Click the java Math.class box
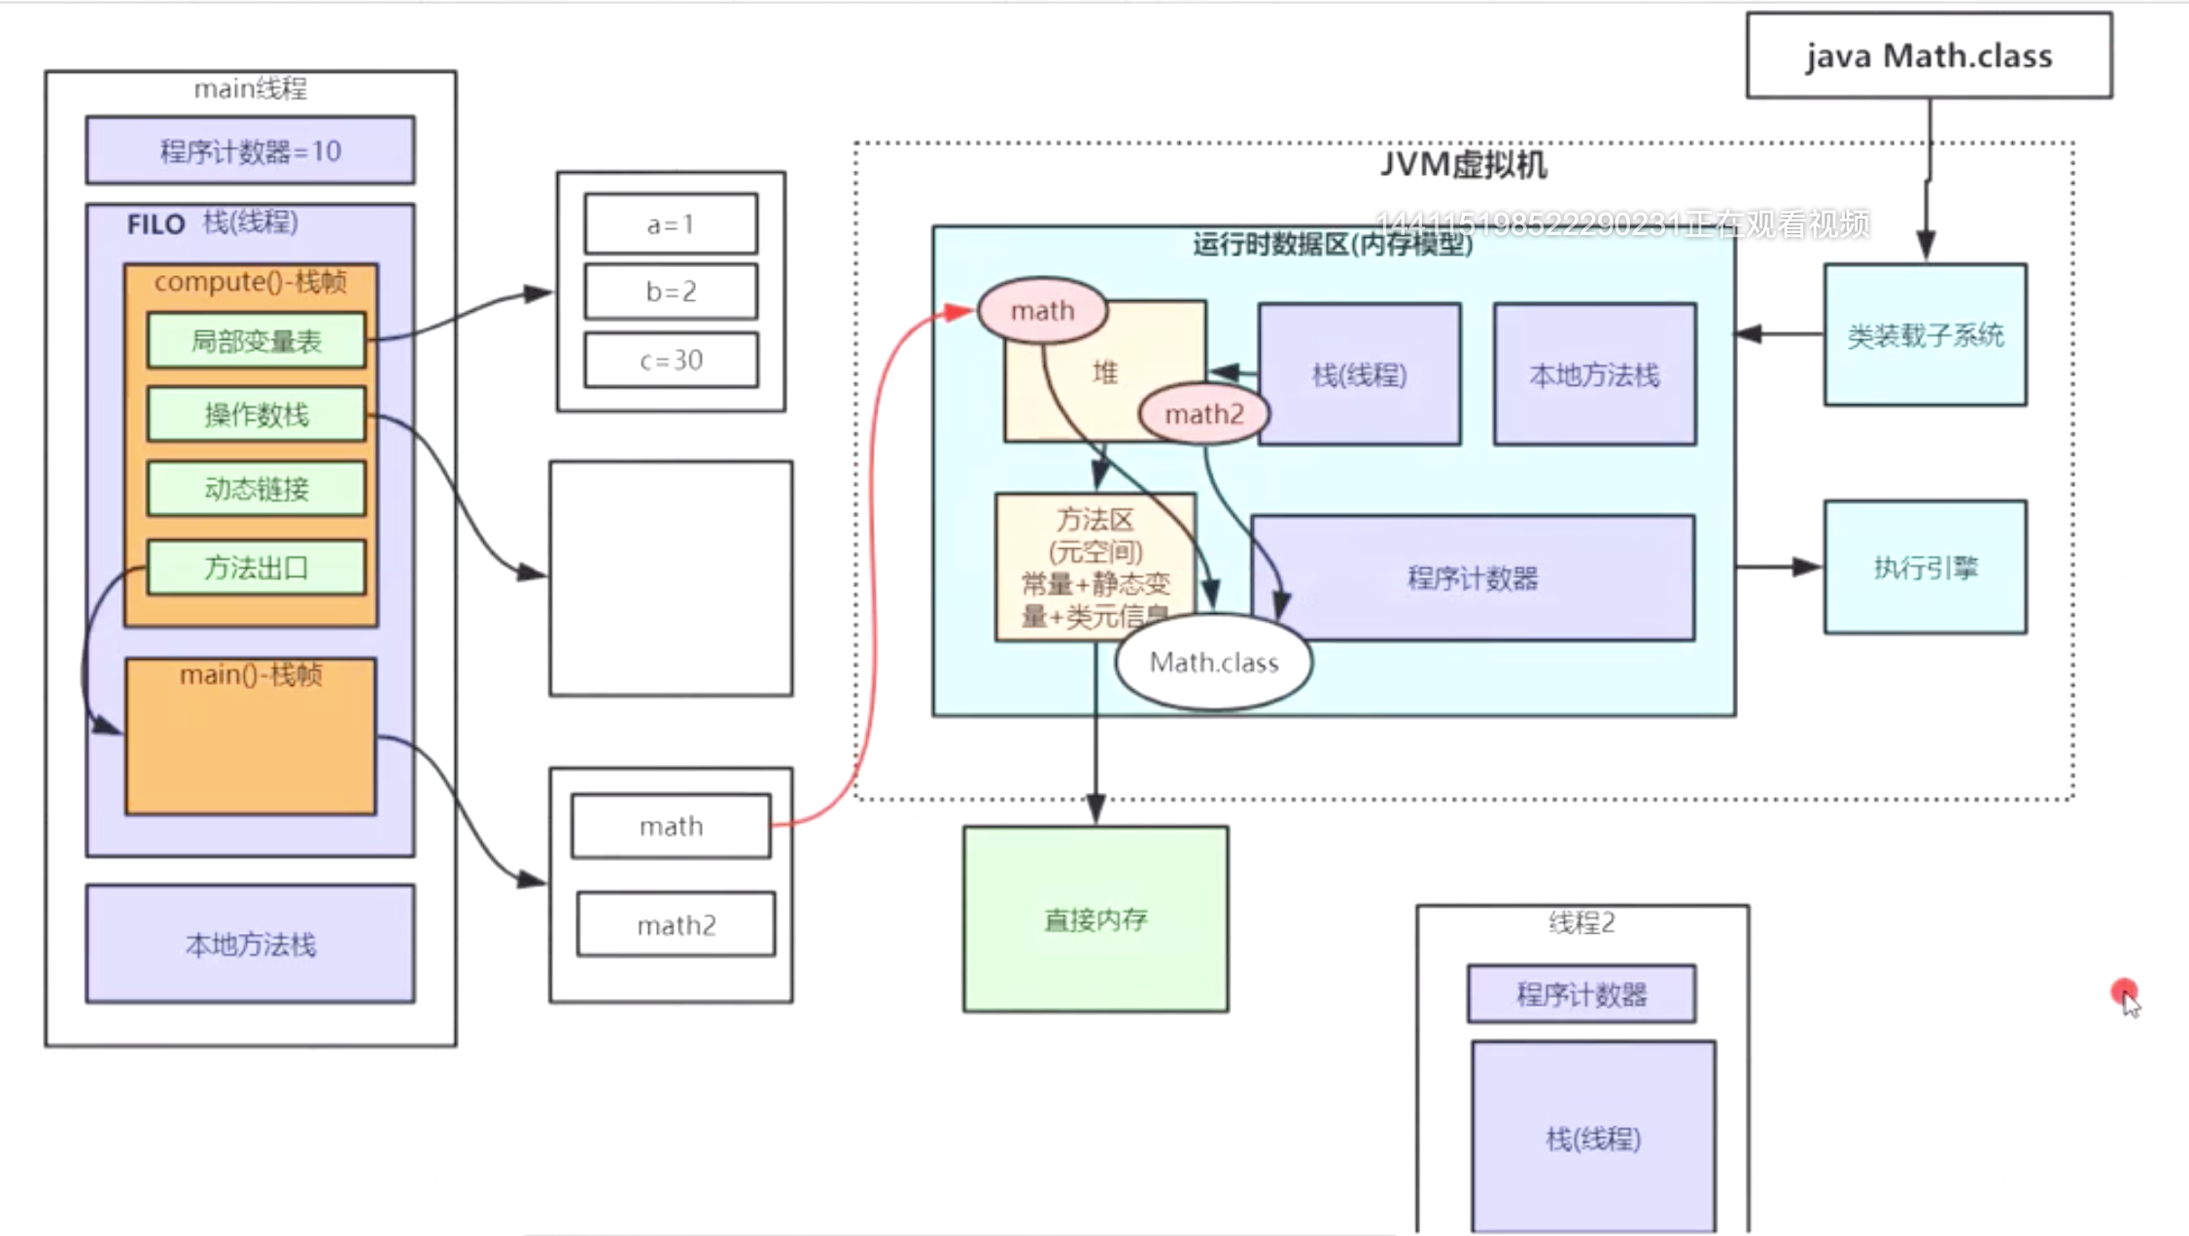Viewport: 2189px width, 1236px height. point(1928,55)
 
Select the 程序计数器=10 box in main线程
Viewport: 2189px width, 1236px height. point(250,151)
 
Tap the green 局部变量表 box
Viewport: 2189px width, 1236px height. point(256,341)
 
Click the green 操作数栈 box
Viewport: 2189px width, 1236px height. point(256,415)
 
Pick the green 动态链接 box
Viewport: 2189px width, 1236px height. point(256,489)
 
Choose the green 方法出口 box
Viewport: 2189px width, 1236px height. point(256,567)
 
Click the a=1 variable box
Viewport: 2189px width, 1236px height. point(671,224)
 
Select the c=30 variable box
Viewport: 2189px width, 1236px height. point(671,360)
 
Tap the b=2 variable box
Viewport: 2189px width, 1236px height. point(671,292)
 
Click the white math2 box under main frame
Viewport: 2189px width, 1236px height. point(676,925)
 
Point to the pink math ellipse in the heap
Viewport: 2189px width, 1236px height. point(1042,311)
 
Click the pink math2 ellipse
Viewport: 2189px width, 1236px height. point(1203,415)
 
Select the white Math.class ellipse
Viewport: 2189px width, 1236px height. point(1213,663)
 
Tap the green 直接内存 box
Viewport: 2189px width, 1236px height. point(1095,919)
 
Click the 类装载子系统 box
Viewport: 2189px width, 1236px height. point(1925,335)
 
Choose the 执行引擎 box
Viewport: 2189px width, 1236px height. point(1925,567)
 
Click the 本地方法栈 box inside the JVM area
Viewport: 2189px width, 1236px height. point(1594,375)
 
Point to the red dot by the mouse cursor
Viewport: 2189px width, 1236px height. point(2123,991)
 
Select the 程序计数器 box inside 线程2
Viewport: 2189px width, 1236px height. point(1581,994)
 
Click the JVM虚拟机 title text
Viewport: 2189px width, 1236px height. point(1463,164)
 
